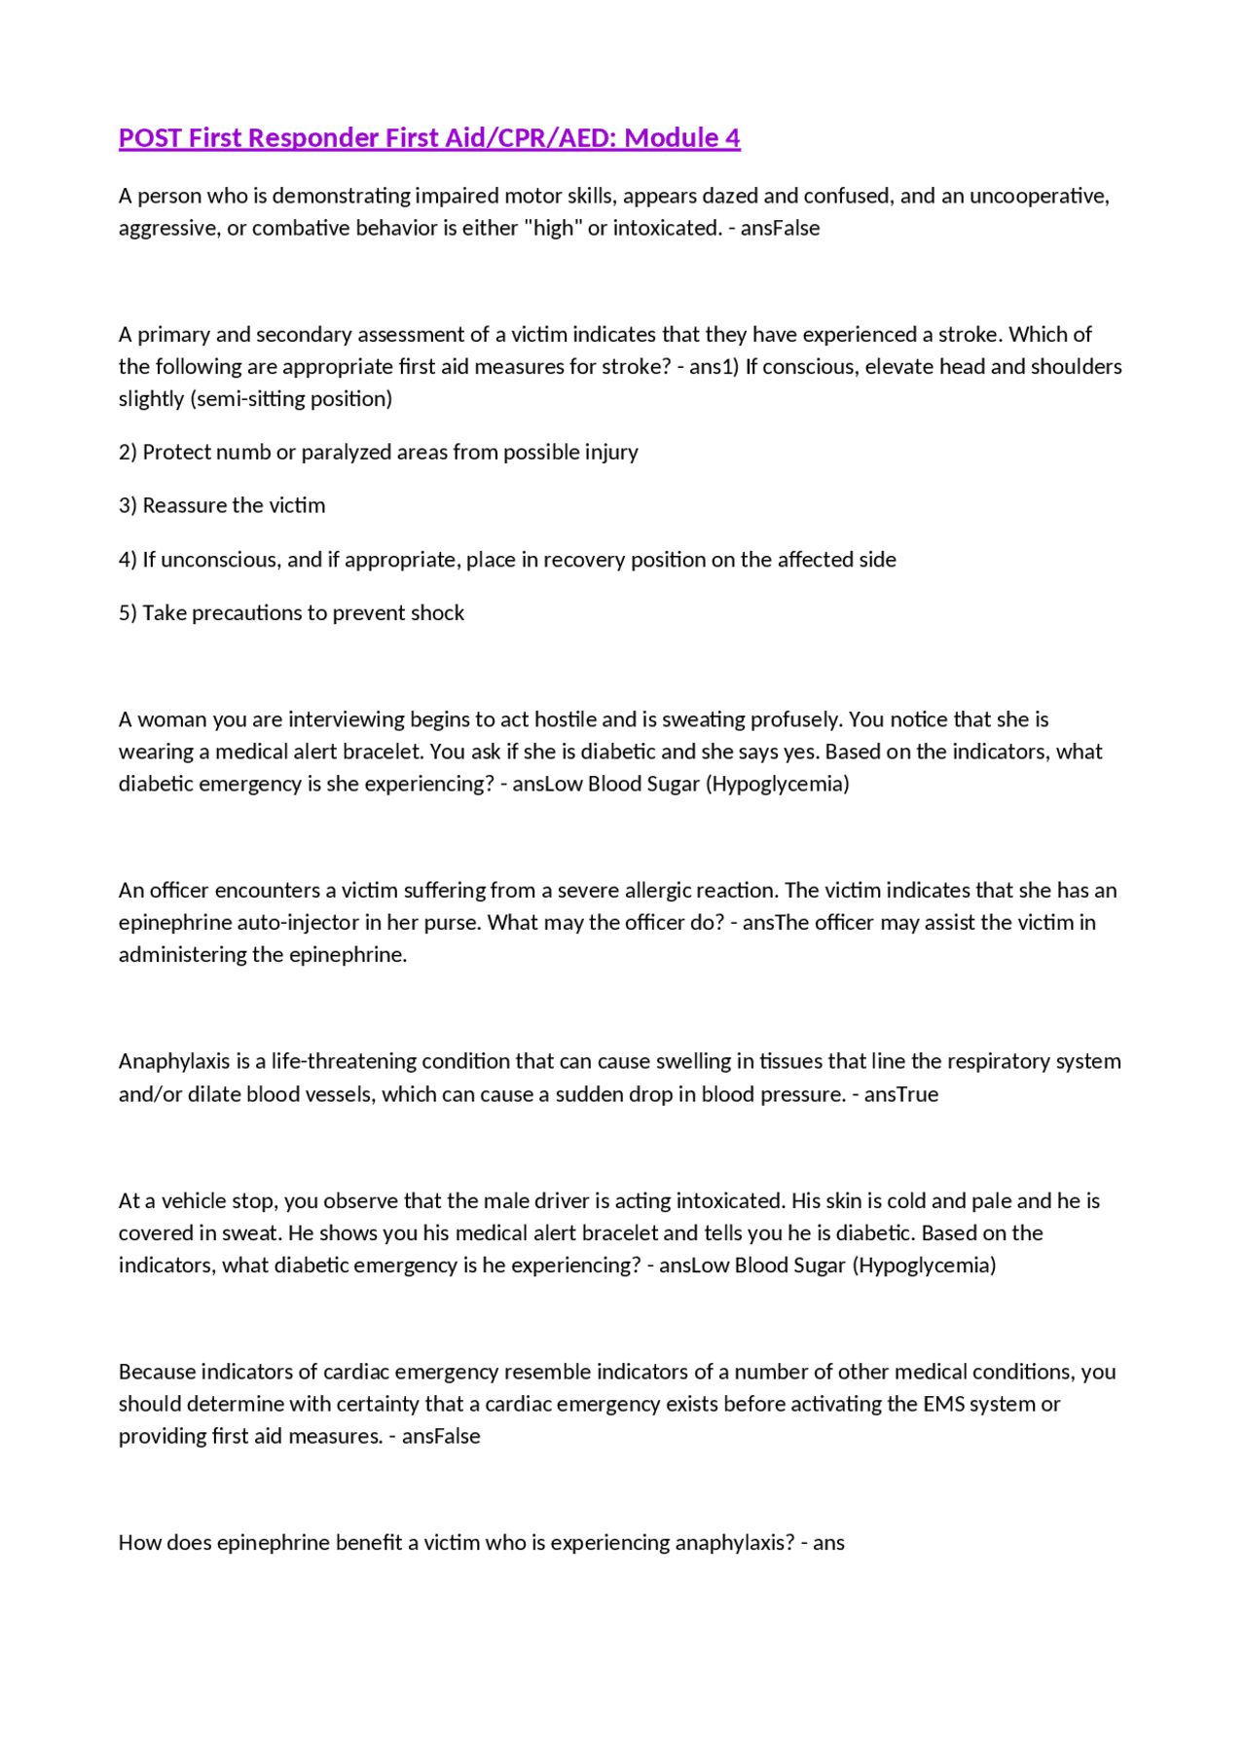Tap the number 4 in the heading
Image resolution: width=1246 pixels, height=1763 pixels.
click(732, 138)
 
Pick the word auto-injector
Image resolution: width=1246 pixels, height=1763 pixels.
click(298, 923)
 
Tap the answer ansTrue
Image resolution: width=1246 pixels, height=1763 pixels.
click(900, 1094)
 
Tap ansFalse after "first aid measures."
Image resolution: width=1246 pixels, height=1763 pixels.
click(441, 1437)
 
